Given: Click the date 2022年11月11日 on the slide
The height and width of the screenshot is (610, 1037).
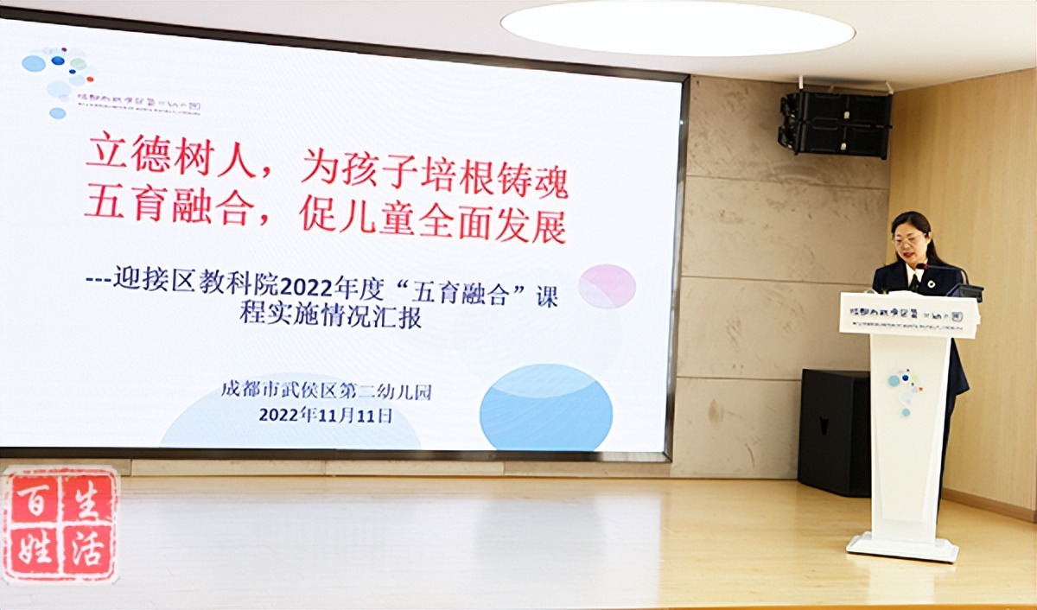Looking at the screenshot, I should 326,415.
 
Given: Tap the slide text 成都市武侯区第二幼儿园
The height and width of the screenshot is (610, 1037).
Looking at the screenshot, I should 326,391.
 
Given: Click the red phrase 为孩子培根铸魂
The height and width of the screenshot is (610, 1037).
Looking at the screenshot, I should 434,166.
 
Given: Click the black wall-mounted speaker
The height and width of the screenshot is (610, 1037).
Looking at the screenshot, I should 835,124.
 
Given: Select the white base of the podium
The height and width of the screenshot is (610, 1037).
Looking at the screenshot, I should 902,547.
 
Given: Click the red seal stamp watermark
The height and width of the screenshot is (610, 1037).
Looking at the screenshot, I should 60,523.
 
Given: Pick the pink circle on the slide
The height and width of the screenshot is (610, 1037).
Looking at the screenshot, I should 607,287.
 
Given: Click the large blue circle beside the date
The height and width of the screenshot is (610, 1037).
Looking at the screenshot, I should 546,407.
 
